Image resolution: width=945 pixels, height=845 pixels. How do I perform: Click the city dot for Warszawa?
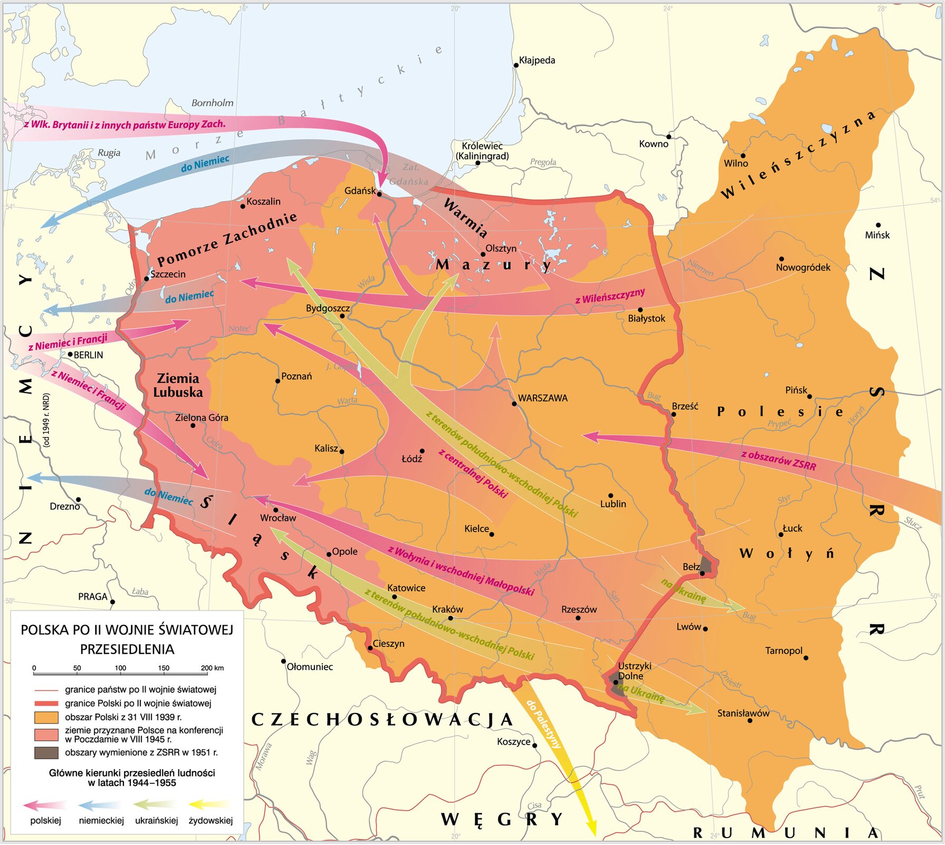(514, 403)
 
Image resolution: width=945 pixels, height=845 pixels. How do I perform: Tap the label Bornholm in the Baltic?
(212, 103)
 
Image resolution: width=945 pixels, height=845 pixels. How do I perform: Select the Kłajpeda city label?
(537, 60)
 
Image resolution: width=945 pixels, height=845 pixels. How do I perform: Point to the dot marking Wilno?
(743, 156)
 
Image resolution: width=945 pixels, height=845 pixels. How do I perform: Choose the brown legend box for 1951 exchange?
(46, 753)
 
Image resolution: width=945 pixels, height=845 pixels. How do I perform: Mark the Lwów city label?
(689, 627)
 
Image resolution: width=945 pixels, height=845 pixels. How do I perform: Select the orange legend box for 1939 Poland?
(46, 717)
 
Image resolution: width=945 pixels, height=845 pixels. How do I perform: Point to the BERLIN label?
(88, 355)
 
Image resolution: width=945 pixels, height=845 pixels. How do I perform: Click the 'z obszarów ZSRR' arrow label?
(778, 460)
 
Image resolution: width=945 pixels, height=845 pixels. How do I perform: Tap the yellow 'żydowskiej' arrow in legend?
(209, 805)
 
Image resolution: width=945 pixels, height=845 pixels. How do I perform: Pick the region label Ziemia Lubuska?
(178, 385)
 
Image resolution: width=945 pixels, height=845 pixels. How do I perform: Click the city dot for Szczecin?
(147, 279)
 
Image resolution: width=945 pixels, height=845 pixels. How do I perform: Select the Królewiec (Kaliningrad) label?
(482, 151)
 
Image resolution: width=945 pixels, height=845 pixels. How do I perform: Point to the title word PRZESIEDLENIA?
(127, 649)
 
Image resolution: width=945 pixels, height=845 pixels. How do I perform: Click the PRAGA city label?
(92, 597)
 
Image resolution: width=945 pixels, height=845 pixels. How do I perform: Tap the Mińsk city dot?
(878, 225)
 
